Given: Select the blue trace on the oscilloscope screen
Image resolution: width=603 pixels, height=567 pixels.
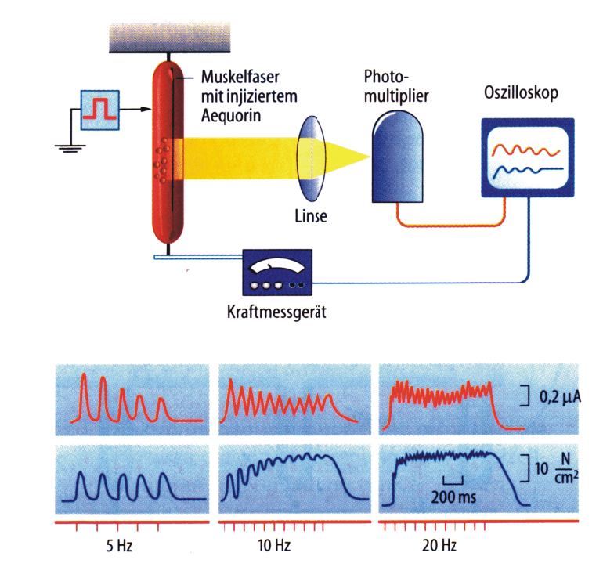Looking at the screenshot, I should (524, 169).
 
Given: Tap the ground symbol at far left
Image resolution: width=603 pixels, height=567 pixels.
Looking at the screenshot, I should (69, 148).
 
